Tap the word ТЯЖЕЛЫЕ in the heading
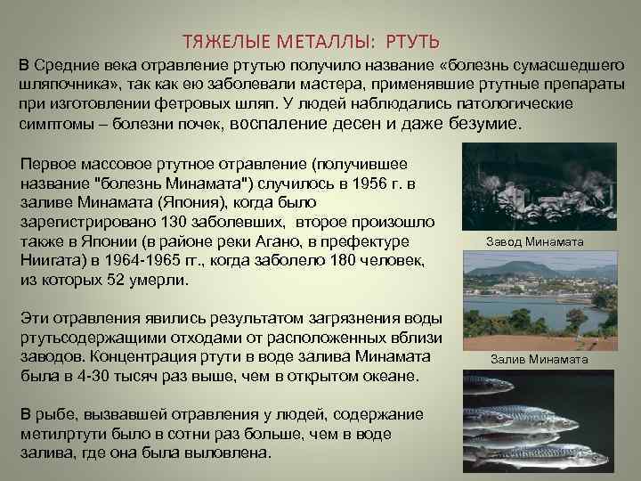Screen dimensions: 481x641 (223, 42)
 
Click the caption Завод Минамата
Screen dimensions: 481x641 (534, 242)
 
